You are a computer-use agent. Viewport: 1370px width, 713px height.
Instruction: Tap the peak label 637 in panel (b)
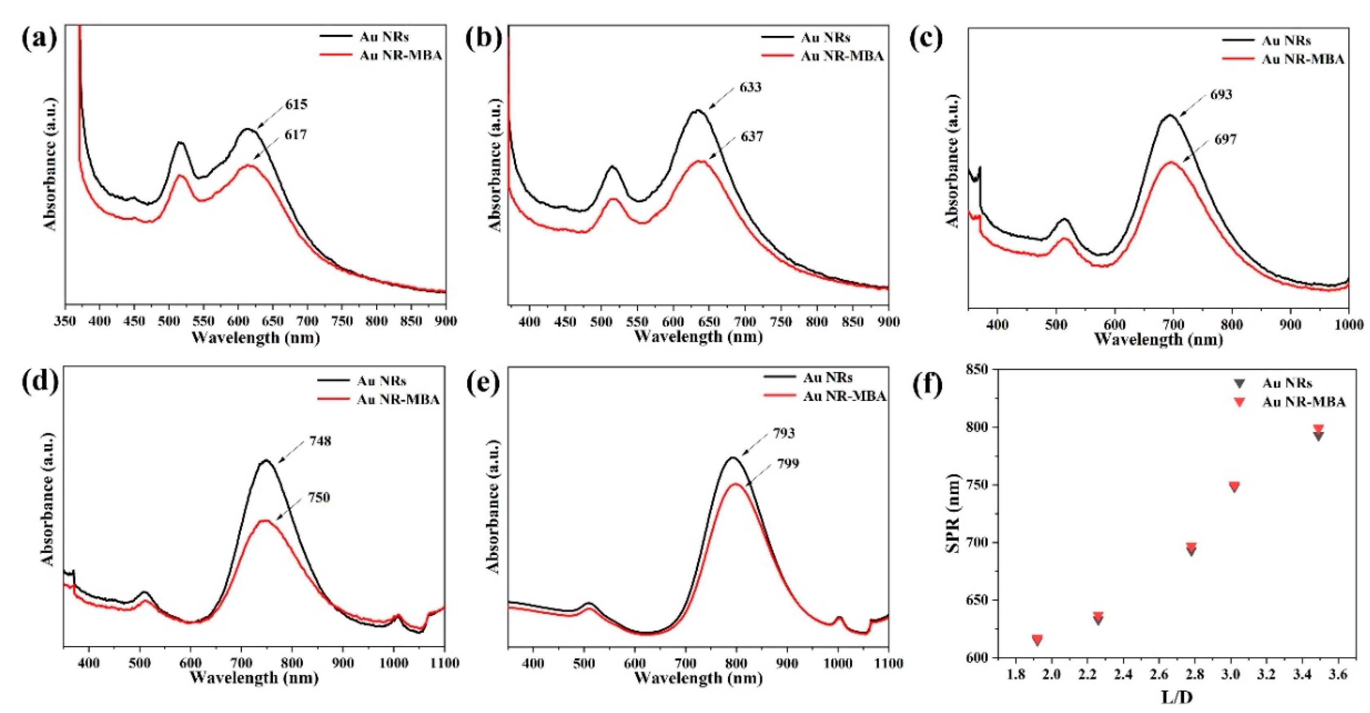pyautogui.click(x=752, y=137)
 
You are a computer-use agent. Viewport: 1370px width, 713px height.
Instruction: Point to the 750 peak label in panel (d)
pyautogui.click(x=319, y=498)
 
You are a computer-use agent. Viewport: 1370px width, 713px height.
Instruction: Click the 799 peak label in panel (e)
pyautogui.click(x=788, y=464)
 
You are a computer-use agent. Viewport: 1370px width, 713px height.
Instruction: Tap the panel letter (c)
pyautogui.click(x=926, y=38)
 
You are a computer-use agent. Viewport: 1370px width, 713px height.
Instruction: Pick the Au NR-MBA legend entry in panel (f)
pyautogui.click(x=1303, y=402)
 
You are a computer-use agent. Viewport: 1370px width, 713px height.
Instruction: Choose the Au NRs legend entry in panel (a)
pyautogui.click(x=384, y=37)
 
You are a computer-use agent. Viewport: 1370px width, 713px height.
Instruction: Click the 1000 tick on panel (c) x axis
pyautogui.click(x=1348, y=324)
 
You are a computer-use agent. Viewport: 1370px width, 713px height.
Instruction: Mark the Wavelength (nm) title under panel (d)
pyautogui.click(x=254, y=678)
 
